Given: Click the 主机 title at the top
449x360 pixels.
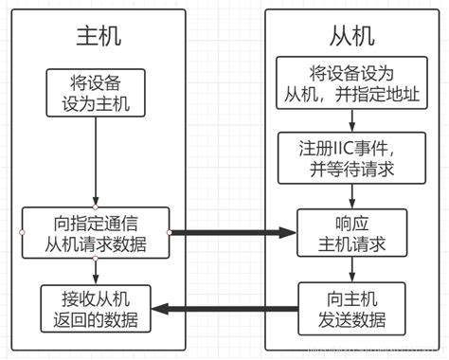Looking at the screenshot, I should click(x=99, y=36).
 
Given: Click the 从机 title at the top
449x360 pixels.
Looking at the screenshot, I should click(x=351, y=36).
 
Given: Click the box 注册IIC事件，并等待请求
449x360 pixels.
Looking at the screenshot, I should click(x=351, y=156).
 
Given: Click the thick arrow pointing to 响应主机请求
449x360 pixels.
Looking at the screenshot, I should click(x=232, y=231).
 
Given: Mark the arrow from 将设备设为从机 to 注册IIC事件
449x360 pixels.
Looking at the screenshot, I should click(x=351, y=121).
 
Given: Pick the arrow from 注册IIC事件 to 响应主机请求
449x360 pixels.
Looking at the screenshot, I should click(x=351, y=194).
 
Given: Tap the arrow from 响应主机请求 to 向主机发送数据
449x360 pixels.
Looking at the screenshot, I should click(x=351, y=270).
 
